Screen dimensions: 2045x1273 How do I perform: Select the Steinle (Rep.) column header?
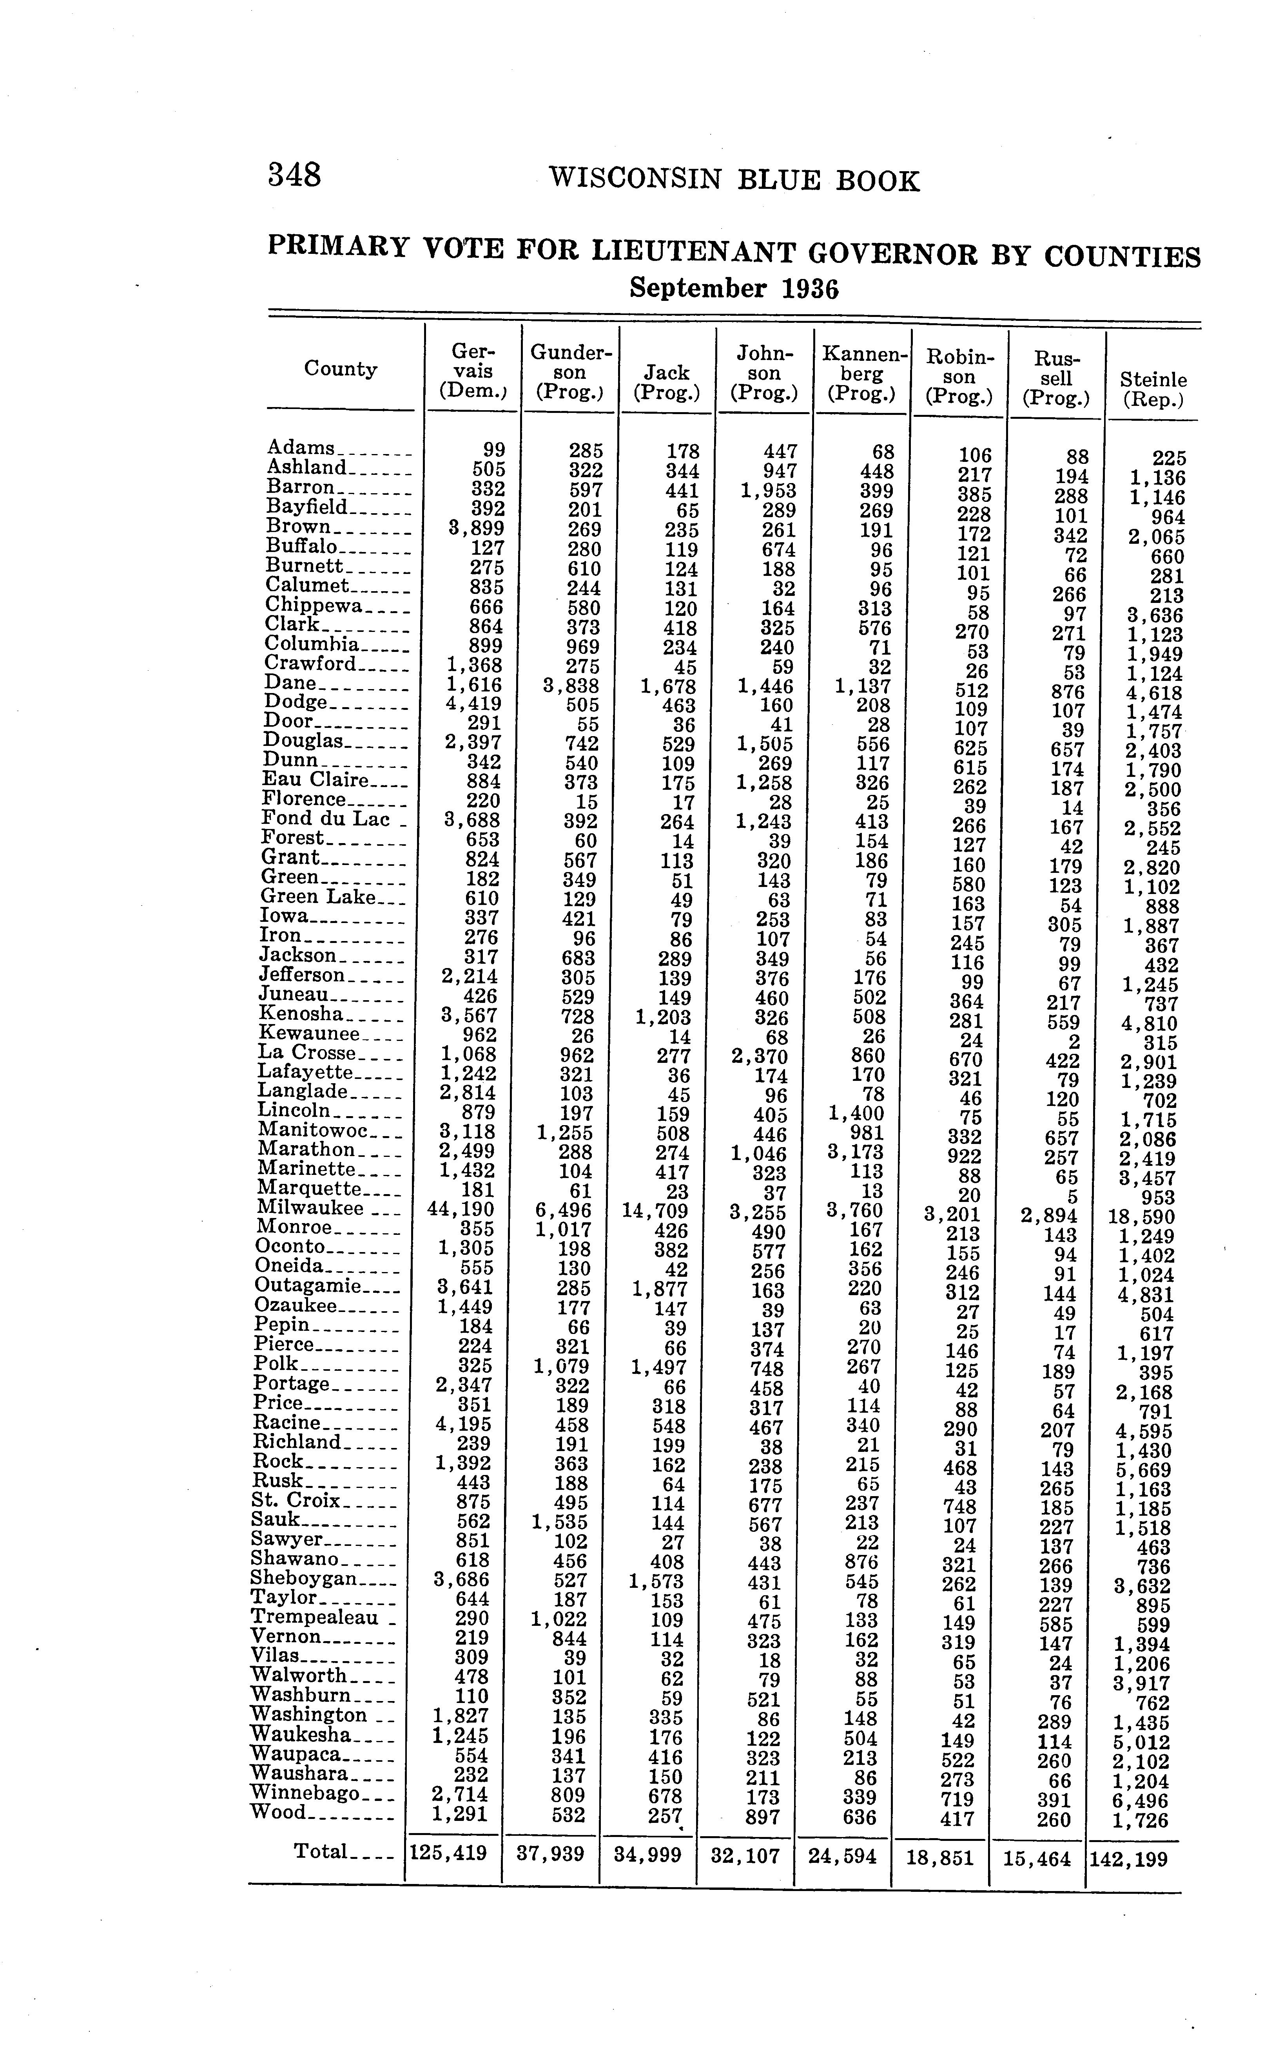(1153, 390)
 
